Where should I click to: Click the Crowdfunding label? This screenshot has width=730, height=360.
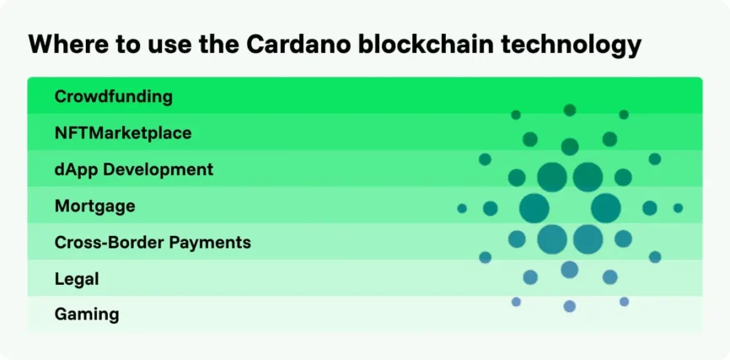(113, 96)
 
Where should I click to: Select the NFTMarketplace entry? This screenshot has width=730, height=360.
(122, 132)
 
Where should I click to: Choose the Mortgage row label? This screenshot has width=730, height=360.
(94, 206)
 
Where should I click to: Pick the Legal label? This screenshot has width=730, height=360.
(77, 278)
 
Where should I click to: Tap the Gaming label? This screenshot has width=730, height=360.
(86, 314)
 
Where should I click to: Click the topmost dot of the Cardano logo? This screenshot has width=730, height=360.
(570, 110)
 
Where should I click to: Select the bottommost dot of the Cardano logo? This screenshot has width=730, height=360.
(570, 306)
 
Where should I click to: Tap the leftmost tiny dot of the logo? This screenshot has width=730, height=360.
(462, 208)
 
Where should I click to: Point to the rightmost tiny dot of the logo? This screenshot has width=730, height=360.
(678, 208)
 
